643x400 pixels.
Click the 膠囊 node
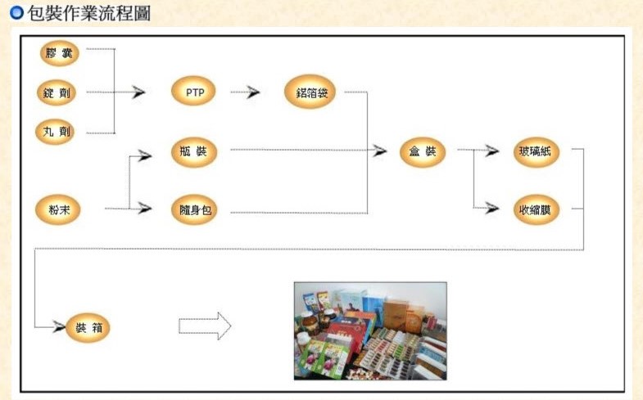pos(60,54)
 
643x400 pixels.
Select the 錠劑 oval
pos(58,92)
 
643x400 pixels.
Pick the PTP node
pos(194,92)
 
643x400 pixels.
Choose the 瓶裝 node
pos(194,153)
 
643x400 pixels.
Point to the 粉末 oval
pos(58,209)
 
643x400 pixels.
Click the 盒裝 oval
pos(423,152)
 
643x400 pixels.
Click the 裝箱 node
pos(87,328)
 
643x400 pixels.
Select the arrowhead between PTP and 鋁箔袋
pos(253,92)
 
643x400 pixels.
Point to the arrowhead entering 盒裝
pos(380,151)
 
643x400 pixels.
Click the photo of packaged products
pos(370,330)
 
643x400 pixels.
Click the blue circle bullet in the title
pos(16,14)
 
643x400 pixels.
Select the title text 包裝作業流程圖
pos(89,14)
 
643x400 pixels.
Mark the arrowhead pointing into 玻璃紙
pos(492,151)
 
